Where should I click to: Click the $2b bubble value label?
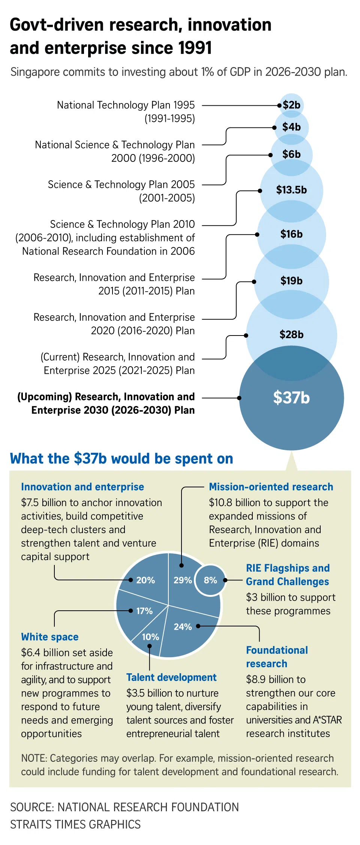(291, 105)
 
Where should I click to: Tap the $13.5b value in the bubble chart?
(291, 190)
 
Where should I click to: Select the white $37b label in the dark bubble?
(291, 398)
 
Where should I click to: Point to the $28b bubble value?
(291, 334)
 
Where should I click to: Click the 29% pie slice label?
(183, 580)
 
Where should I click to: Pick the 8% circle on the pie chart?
(210, 580)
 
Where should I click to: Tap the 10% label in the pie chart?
(150, 637)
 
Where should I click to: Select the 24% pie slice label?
(183, 627)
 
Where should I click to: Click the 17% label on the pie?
(144, 611)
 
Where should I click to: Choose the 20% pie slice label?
(145, 580)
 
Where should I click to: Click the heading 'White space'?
(50, 637)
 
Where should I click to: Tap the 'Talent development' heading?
(171, 677)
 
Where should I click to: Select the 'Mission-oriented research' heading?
(271, 487)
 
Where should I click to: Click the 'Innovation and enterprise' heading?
(82, 487)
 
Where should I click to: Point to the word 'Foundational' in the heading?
(277, 650)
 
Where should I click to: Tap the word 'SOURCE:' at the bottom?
(32, 807)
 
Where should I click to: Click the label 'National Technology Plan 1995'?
(126, 105)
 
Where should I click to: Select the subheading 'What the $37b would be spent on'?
(121, 459)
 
